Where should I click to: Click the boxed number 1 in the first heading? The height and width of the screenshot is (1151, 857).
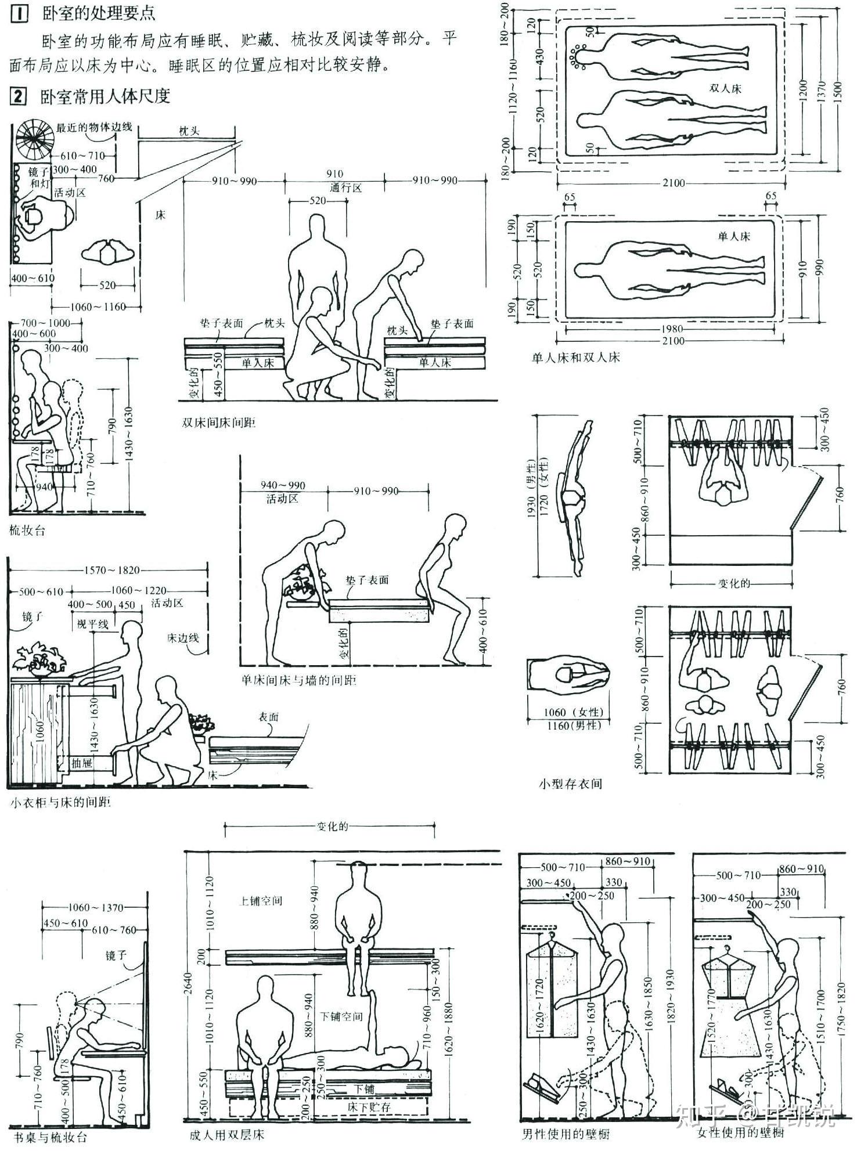click(20, 13)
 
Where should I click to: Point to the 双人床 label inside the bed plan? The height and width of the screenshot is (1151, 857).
click(725, 88)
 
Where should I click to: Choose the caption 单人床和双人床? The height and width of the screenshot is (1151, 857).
click(575, 358)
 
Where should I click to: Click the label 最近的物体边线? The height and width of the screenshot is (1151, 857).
click(94, 127)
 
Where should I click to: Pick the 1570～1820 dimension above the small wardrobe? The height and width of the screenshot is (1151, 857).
click(113, 570)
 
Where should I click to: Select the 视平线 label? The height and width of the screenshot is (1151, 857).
click(93, 624)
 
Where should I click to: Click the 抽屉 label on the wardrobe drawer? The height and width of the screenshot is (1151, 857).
click(82, 762)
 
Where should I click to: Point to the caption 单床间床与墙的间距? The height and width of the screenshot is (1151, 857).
click(298, 680)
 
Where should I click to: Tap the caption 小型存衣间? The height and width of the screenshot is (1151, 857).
click(570, 784)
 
